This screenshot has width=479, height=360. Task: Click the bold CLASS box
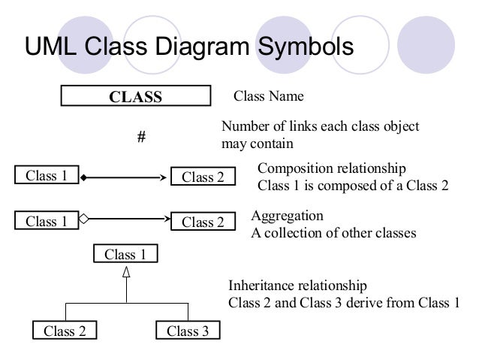[x=136, y=97]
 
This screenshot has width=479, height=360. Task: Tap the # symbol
[x=140, y=138]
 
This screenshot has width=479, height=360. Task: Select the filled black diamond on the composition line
[x=85, y=178]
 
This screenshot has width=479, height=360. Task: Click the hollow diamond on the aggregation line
[x=85, y=220]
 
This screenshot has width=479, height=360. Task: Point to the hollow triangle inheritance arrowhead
[x=126, y=273]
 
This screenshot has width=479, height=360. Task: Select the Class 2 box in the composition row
[x=203, y=178]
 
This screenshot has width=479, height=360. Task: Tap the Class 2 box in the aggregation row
[x=203, y=222]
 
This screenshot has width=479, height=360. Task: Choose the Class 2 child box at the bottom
[x=65, y=331]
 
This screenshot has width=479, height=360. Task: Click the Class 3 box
[x=187, y=331]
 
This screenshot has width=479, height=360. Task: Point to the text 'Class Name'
[x=269, y=97]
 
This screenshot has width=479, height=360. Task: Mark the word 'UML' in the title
[x=52, y=46]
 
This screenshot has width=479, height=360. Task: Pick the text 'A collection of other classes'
[x=333, y=233]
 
